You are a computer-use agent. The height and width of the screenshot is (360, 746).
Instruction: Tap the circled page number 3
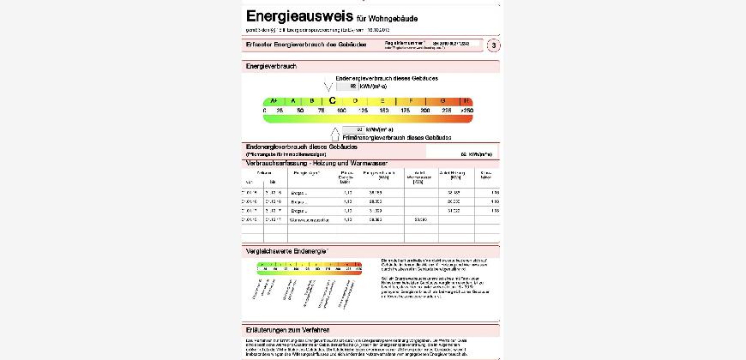[x=493, y=45]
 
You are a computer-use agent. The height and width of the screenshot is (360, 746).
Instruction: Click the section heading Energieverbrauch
[x=271, y=66]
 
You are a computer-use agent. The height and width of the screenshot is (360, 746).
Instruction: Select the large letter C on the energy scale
[x=333, y=100]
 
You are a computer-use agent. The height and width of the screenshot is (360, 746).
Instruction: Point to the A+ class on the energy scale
[x=274, y=100]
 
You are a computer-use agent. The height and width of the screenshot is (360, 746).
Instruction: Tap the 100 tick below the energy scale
[x=342, y=111]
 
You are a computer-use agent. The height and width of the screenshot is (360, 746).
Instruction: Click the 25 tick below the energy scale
[x=280, y=111]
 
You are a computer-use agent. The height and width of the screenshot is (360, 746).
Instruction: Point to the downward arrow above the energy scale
[x=328, y=87]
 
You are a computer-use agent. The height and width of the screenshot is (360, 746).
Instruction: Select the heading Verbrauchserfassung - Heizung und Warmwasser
[x=316, y=163]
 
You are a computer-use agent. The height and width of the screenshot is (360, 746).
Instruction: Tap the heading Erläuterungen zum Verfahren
[x=287, y=330]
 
